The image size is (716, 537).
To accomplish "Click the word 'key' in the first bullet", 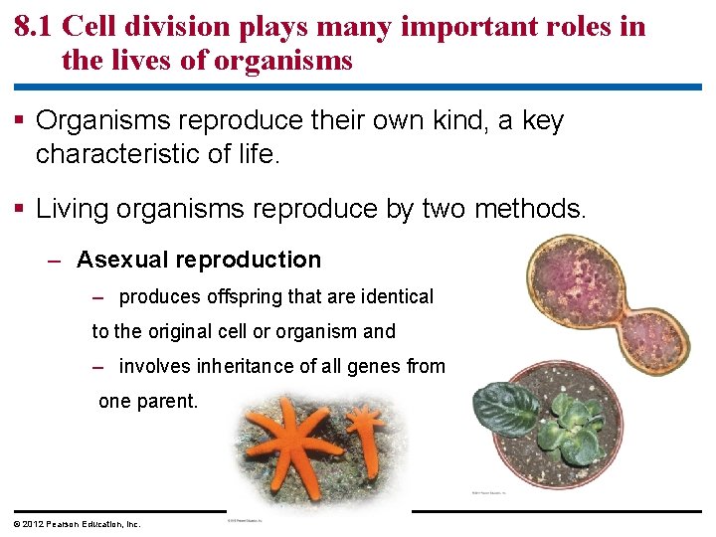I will coord(542,121).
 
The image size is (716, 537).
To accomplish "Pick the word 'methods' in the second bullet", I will coord(533,209).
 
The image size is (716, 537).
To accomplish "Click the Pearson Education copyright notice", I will coord(78,523).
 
